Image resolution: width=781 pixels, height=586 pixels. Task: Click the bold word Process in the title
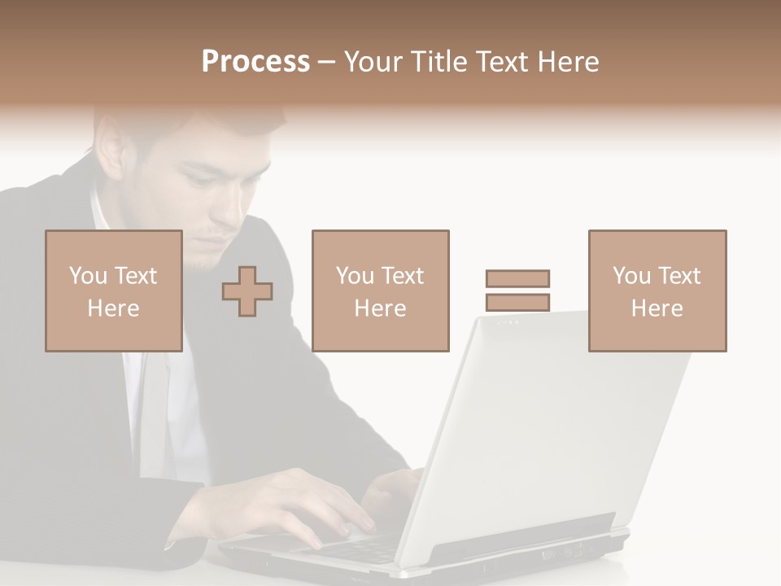[x=255, y=62]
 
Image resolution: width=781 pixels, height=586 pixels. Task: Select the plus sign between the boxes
[x=247, y=291]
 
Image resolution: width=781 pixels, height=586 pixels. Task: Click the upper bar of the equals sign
[x=517, y=278]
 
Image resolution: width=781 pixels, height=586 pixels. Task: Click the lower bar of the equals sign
[x=517, y=303]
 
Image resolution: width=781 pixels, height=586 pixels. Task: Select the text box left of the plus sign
[x=113, y=291]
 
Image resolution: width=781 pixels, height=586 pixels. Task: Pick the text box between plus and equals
[x=380, y=291]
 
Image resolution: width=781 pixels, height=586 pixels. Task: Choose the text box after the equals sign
[x=657, y=291]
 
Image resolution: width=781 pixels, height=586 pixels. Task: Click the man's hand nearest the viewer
[x=293, y=505]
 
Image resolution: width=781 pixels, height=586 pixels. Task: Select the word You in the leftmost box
[x=86, y=276]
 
